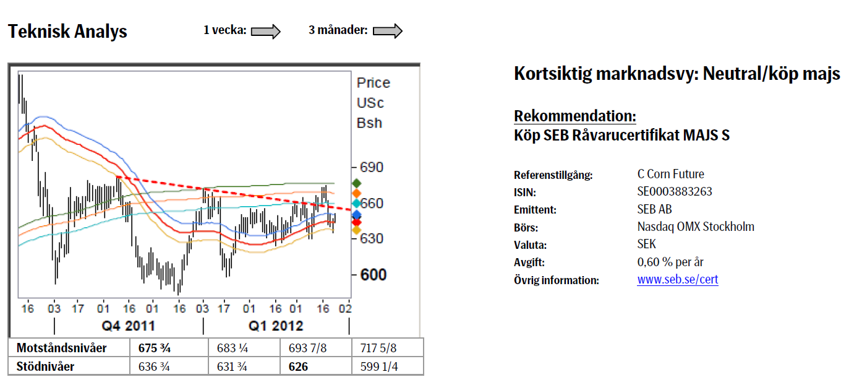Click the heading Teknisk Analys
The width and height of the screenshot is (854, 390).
coord(67,32)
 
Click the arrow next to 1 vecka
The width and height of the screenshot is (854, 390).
coord(267,31)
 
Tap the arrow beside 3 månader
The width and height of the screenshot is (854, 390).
coord(388,31)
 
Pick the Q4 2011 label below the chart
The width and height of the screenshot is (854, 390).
coord(128,326)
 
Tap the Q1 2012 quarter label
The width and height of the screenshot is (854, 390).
coord(276,326)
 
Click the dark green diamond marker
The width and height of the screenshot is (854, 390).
coord(356,183)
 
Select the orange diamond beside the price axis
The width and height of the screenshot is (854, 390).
coord(356,193)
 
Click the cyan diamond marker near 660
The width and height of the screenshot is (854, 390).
coord(356,203)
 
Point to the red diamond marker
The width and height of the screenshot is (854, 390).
coord(356,222)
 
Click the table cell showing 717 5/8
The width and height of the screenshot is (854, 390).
coord(378,348)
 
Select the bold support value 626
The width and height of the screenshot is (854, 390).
coord(298,366)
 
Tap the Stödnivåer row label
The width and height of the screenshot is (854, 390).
coord(46,366)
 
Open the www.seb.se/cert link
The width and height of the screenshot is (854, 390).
coord(678,280)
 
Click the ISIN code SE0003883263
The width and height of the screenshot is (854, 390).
coord(675,192)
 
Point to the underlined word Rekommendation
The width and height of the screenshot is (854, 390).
coord(575,116)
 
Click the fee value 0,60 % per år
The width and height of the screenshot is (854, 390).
coord(670,262)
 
